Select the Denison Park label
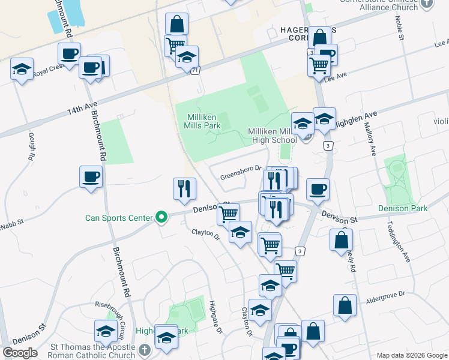click(403, 208)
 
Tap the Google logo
click(20, 353)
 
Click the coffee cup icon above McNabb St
click(91, 177)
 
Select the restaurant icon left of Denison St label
click(184, 188)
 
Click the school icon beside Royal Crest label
click(22, 69)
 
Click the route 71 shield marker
click(196, 71)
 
